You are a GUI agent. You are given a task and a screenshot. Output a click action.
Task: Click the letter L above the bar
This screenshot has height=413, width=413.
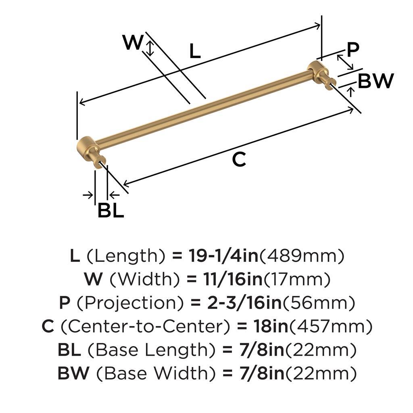(195, 51)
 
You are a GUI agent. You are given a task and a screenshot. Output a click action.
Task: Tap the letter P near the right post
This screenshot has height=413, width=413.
(353, 50)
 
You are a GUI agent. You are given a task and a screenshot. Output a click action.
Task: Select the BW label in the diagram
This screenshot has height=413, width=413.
(376, 81)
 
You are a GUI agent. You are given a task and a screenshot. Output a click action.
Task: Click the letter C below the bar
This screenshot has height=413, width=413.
(239, 159)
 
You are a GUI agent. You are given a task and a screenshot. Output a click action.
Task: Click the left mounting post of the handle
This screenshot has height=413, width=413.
(92, 152)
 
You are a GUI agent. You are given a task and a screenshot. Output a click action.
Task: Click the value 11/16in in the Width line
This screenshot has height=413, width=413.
(233, 279)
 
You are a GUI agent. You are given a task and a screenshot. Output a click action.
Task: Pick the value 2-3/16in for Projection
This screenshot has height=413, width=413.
(245, 303)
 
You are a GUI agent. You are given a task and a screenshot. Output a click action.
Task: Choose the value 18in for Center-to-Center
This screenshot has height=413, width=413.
(271, 326)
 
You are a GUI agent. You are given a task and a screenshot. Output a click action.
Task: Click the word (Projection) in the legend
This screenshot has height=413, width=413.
(130, 303)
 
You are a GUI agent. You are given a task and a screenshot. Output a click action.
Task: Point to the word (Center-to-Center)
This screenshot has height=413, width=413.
(146, 326)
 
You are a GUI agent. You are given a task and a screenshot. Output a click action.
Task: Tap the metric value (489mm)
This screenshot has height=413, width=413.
(302, 256)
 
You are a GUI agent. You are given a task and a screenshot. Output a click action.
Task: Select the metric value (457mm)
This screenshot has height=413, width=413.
(331, 326)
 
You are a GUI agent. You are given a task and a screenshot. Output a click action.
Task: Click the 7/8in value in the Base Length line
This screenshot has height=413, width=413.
(262, 350)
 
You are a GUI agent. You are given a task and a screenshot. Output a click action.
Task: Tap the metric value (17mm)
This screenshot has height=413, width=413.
(297, 279)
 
